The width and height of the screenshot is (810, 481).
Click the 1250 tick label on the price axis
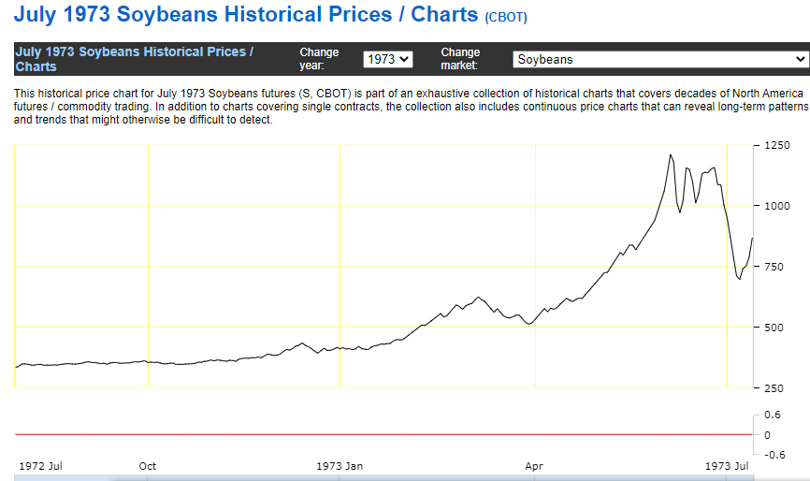(778, 146)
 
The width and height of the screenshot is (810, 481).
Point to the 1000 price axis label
(778, 206)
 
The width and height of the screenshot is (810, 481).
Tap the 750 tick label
(775, 267)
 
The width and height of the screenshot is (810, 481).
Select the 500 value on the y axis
(775, 328)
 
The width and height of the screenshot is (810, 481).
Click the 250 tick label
(775, 387)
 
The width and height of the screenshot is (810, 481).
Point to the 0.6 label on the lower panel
(773, 415)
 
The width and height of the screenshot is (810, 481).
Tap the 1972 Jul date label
(39, 465)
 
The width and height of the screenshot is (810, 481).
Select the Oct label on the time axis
(148, 465)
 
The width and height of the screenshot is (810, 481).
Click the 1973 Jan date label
(340, 465)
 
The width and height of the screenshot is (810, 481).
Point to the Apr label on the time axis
(534, 465)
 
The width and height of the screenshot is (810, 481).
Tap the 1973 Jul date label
(727, 465)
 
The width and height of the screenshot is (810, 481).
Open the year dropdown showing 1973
(387, 59)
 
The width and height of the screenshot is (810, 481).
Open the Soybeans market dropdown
(659, 59)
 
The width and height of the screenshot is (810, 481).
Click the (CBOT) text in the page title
(506, 18)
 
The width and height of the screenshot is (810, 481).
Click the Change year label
(319, 59)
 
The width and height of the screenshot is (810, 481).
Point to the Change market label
(460, 59)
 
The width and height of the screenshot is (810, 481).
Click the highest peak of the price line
(671, 154)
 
